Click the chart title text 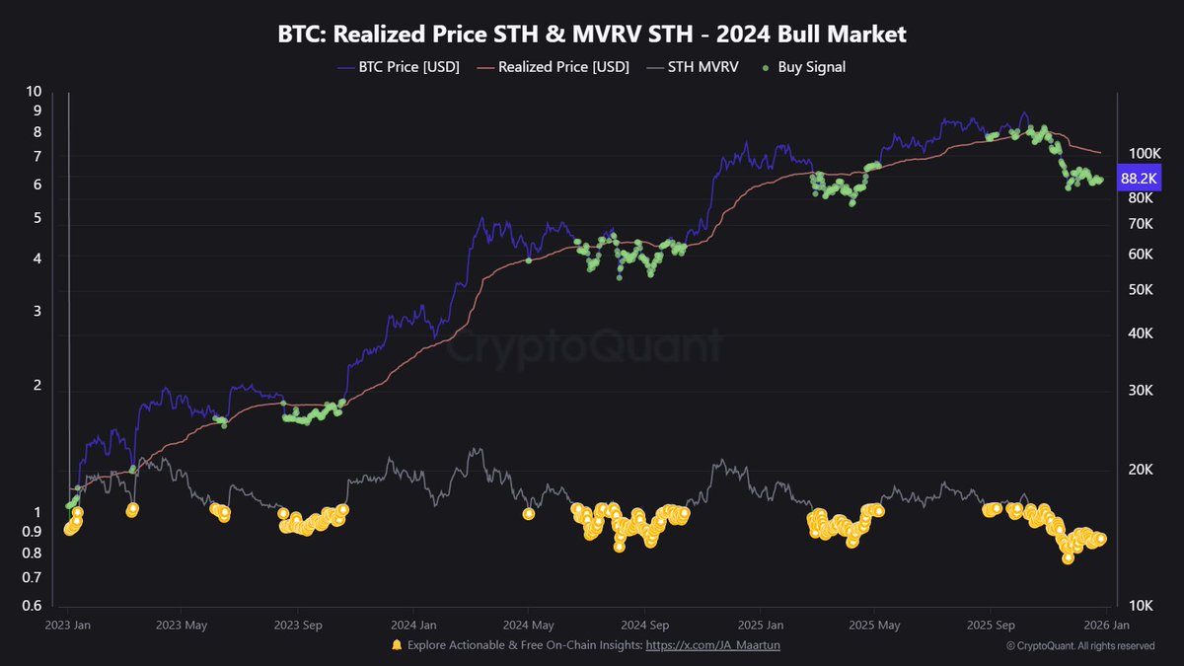click(x=591, y=35)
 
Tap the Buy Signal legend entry click(x=803, y=67)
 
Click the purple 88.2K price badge click(x=1140, y=178)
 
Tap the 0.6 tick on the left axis click(x=33, y=607)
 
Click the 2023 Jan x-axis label click(x=68, y=625)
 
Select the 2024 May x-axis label click(x=528, y=625)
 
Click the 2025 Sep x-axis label click(x=991, y=625)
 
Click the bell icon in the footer click(x=397, y=645)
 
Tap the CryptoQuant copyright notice click(x=1080, y=646)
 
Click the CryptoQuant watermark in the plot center click(x=586, y=347)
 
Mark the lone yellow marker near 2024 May click(x=529, y=513)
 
